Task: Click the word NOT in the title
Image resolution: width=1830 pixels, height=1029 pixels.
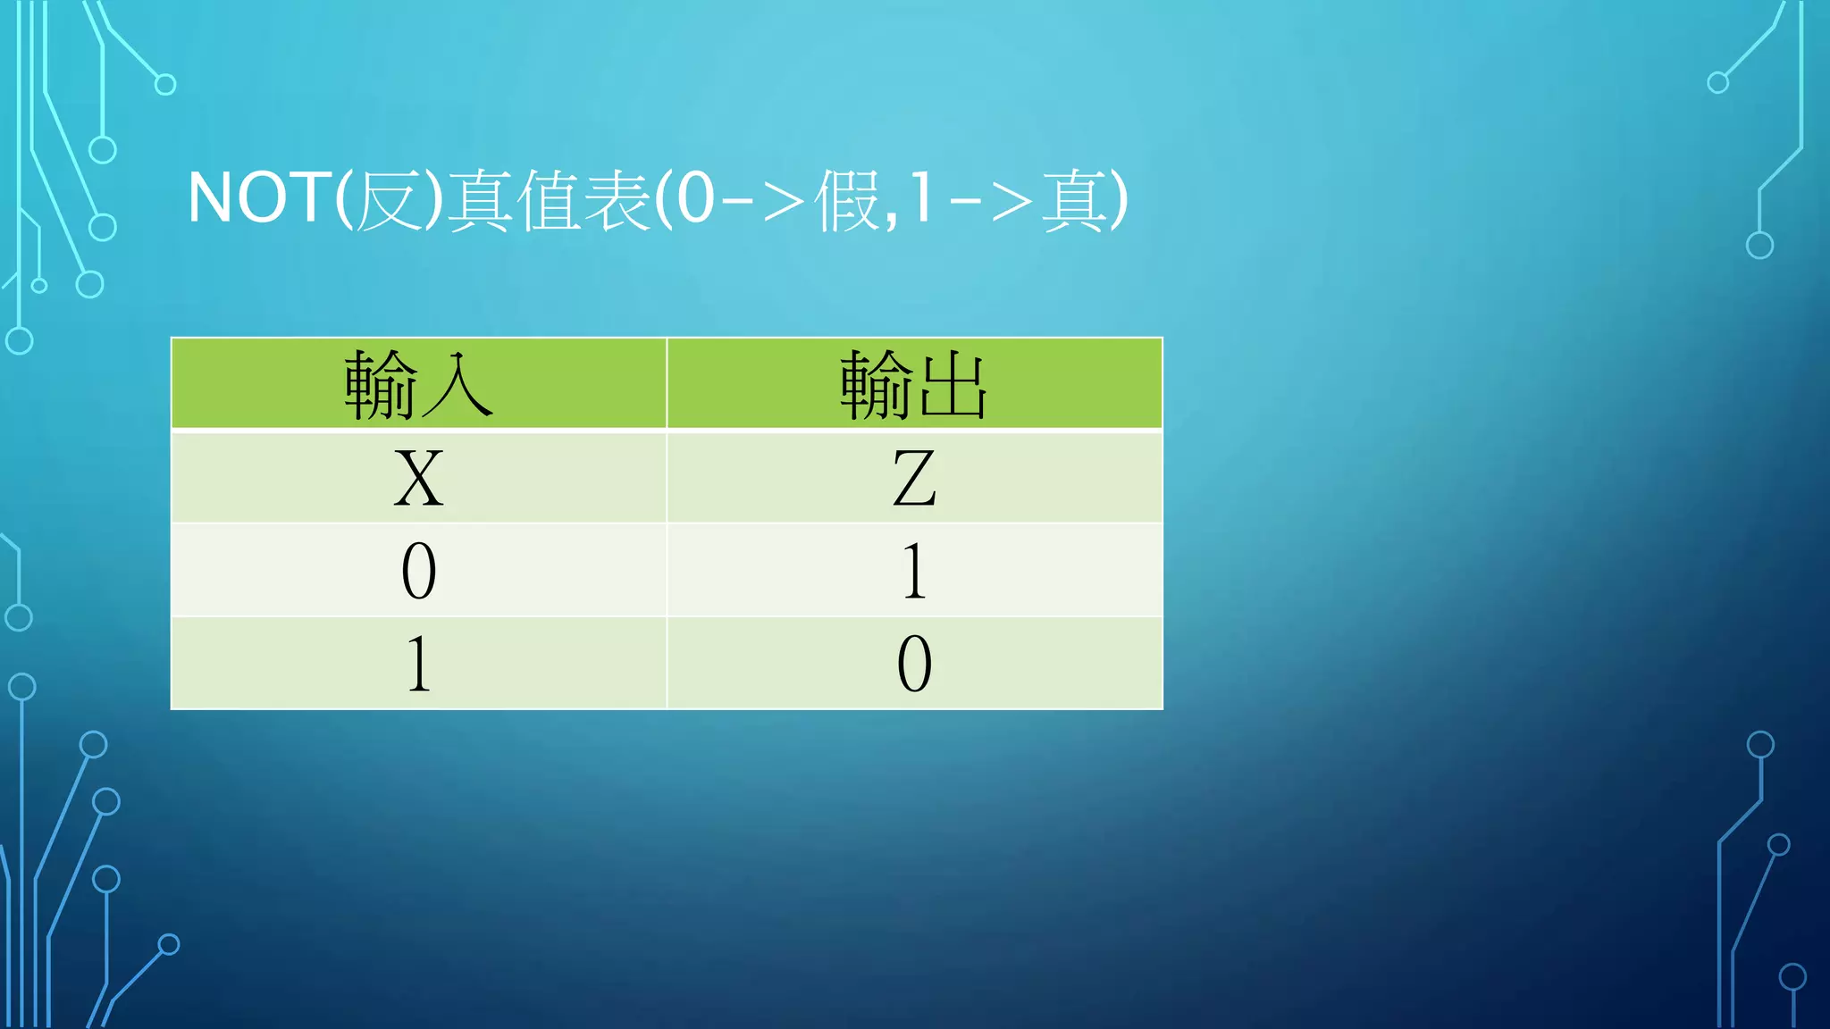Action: pyautogui.click(x=260, y=198)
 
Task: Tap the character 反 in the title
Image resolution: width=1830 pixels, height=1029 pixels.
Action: pyautogui.click(x=389, y=200)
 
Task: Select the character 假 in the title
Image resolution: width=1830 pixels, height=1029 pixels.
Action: pyautogui.click(x=846, y=200)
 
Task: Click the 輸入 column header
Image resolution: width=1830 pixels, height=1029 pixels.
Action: pyautogui.click(x=418, y=385)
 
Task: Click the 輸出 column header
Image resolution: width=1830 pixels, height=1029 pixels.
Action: pyautogui.click(x=913, y=385)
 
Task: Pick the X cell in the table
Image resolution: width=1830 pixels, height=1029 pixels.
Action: pyautogui.click(x=418, y=478)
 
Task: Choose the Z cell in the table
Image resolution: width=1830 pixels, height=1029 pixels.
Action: pyautogui.click(x=914, y=478)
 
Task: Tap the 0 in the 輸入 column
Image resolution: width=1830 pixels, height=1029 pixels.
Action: pyautogui.click(x=418, y=571)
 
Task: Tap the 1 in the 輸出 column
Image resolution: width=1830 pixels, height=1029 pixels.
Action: pyautogui.click(x=913, y=571)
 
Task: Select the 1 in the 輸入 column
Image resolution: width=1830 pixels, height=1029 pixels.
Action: pyautogui.click(x=418, y=664)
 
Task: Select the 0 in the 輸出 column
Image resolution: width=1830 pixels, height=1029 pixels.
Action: pyautogui.click(x=914, y=664)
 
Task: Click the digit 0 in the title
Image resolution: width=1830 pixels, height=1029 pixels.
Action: pyautogui.click(x=695, y=198)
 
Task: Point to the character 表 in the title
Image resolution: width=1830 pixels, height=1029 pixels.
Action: pyautogui.click(x=617, y=200)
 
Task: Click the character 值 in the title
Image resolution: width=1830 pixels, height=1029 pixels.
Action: pyautogui.click(x=549, y=200)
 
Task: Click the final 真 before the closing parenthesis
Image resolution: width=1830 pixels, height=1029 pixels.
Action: pyautogui.click(x=1076, y=200)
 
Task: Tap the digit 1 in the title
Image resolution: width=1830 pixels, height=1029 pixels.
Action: pyautogui.click(x=920, y=198)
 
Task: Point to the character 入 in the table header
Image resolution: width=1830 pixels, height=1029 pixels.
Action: pyautogui.click(x=456, y=385)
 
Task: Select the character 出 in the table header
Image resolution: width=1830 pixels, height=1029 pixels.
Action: pyautogui.click(x=953, y=385)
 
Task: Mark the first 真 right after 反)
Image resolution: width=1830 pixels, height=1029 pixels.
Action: pyautogui.click(x=480, y=200)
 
